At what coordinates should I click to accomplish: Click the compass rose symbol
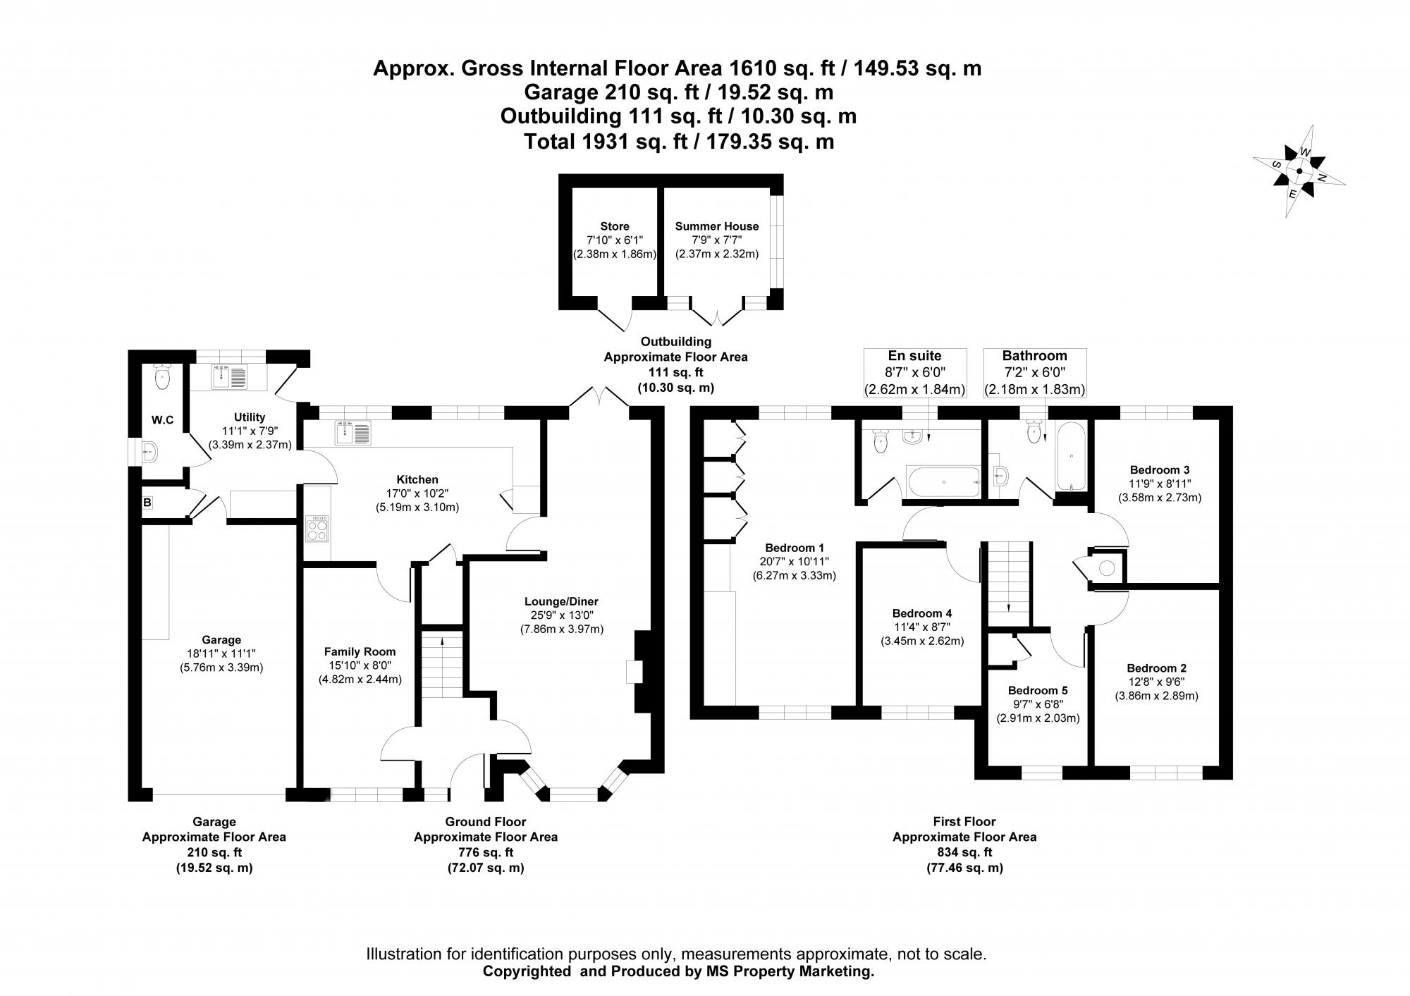pos(1299,171)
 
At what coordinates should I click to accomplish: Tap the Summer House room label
pos(716,226)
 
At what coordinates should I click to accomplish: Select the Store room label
pos(614,226)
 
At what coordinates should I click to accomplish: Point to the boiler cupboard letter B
pos(147,503)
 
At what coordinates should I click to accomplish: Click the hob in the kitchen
pos(317,528)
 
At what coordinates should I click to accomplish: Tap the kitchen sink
pos(352,432)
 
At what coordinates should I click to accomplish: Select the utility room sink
pos(229,378)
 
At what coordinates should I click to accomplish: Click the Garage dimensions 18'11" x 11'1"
pos(221,653)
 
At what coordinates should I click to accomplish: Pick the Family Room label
pos(360,652)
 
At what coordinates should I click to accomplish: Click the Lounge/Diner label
pos(561,601)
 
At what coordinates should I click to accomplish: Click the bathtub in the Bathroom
pos(1071,456)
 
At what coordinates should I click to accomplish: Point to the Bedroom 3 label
pos(1159,470)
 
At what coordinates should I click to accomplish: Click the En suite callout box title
pos(914,356)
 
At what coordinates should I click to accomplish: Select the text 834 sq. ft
pos(964,852)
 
